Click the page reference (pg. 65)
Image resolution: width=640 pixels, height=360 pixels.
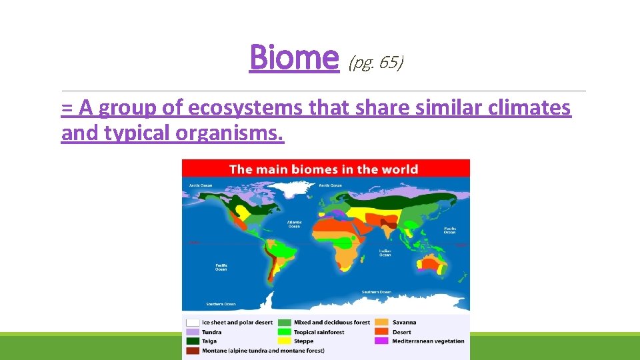[376, 63]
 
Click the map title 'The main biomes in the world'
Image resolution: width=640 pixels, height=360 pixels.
[324, 169]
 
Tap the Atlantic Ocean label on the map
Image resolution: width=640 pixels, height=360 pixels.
[294, 224]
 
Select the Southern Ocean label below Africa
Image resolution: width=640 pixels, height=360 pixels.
[377, 292]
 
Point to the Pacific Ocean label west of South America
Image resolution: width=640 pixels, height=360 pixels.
[221, 266]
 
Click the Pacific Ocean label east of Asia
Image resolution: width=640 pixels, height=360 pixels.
[450, 230]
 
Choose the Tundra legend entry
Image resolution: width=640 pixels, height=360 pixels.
[212, 332]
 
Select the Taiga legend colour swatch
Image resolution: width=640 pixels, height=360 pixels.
[193, 341]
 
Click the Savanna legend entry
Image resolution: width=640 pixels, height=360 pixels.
[404, 323]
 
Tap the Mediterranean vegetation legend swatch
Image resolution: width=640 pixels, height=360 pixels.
[381, 341]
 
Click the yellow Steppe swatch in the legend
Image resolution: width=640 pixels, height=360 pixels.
[285, 341]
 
